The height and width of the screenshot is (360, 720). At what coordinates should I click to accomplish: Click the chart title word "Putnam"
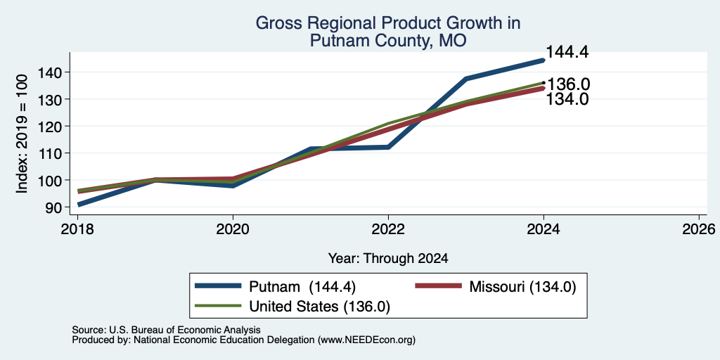click(x=336, y=41)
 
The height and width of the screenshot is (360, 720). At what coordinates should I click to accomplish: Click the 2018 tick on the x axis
click(x=78, y=229)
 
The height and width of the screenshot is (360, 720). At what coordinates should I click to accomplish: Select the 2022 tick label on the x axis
click(x=388, y=229)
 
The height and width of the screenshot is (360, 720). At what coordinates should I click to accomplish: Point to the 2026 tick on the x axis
click(x=699, y=229)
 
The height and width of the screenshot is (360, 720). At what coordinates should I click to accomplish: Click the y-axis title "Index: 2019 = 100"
click(x=22, y=134)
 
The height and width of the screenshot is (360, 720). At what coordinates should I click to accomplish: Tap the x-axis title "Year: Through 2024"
click(x=388, y=259)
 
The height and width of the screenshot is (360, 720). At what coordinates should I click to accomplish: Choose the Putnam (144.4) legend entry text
click(x=302, y=287)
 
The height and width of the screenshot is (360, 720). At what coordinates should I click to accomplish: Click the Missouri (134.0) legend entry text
click(x=522, y=287)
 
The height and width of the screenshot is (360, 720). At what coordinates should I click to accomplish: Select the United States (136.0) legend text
click(x=320, y=307)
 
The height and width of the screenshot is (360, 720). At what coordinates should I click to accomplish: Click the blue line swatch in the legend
click(x=219, y=286)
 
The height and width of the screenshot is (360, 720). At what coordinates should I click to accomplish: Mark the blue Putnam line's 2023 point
click(x=466, y=79)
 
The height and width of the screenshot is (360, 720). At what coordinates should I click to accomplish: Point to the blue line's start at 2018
click(x=79, y=205)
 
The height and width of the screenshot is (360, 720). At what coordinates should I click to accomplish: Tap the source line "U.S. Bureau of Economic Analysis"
click(x=185, y=330)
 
